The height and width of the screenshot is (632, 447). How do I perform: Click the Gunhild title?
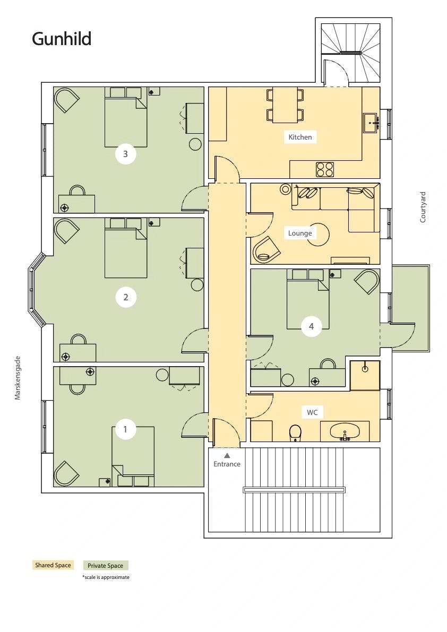62,39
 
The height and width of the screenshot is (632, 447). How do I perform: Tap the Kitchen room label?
300,137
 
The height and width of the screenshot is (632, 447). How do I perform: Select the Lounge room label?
300,233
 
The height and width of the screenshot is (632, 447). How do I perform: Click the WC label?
312,412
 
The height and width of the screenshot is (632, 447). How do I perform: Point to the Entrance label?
227,464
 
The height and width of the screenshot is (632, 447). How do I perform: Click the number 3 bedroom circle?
126,154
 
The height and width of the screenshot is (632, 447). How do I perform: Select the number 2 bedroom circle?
126,298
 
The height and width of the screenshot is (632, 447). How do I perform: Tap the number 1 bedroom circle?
125,429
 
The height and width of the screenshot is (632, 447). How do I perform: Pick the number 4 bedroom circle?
311,326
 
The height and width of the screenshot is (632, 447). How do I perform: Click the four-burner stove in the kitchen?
325,169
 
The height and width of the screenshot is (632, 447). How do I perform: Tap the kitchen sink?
371,123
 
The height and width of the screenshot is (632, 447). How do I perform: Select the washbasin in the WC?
345,431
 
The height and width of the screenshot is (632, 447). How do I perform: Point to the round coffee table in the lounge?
318,235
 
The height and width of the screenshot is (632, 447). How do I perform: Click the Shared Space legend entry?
53,565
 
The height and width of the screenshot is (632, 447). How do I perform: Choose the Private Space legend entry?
106,566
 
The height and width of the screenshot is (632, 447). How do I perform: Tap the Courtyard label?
423,207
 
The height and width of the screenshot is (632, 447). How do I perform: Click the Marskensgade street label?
18,378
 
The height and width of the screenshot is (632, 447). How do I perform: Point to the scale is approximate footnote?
106,577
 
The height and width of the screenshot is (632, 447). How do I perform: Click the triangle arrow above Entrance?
227,455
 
